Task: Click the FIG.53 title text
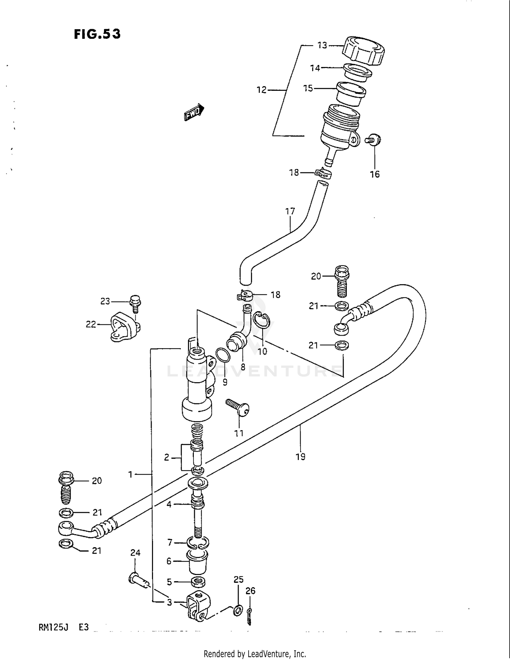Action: pyautogui.click(x=97, y=34)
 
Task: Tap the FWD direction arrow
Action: pyautogui.click(x=194, y=113)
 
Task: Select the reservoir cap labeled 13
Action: pyautogui.click(x=363, y=51)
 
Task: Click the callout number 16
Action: pyautogui.click(x=374, y=174)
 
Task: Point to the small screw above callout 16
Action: pyautogui.click(x=373, y=139)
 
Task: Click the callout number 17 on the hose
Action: pyautogui.click(x=290, y=211)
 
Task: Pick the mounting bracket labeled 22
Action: pyautogui.click(x=125, y=327)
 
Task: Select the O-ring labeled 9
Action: pyautogui.click(x=223, y=355)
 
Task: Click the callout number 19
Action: pyautogui.click(x=301, y=457)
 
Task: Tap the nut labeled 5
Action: pyautogui.click(x=198, y=582)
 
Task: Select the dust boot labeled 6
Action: pyautogui.click(x=198, y=562)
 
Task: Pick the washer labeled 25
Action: pyautogui.click(x=238, y=610)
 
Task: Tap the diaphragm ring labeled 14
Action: pyautogui.click(x=357, y=72)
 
